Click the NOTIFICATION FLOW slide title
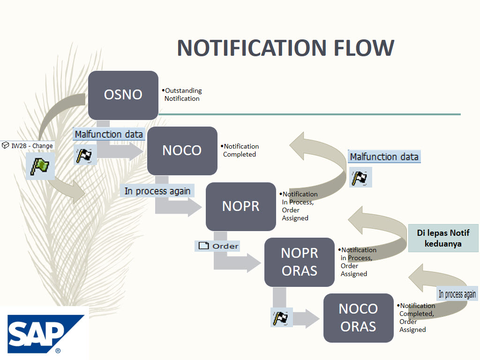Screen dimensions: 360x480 coord(285,48)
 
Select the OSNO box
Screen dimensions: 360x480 coord(123,95)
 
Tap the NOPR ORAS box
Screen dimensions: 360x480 coord(299,262)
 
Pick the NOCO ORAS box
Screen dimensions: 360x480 coord(358,318)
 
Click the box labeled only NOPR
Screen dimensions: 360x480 coord(240,206)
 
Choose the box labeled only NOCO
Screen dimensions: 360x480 coord(182,150)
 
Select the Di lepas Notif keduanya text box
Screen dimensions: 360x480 coord(443,238)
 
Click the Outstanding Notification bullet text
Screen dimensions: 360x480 coord(182,95)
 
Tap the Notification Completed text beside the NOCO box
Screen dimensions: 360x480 coord(240,150)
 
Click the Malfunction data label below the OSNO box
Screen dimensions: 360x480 coord(109,135)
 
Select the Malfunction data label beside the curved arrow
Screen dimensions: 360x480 coord(384,157)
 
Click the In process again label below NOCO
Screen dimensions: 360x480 coord(157,191)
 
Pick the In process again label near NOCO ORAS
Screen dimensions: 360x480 coord(457,294)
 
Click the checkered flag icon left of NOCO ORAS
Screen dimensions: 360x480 coord(282,318)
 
